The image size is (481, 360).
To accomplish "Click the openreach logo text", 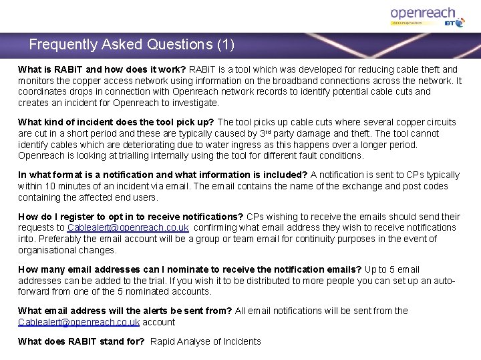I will (422, 13).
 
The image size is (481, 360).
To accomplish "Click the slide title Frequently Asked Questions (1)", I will (132, 45).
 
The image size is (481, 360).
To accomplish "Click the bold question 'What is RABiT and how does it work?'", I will (102, 69).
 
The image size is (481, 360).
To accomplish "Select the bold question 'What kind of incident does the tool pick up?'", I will (116, 122).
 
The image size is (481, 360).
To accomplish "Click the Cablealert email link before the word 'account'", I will (79, 322).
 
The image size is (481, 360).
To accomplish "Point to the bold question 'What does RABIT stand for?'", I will (81, 341).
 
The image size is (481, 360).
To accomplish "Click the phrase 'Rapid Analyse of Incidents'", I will (206, 341).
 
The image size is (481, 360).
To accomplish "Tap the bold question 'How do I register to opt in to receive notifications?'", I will (131, 217).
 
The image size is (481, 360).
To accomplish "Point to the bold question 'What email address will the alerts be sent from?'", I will (125, 311).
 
